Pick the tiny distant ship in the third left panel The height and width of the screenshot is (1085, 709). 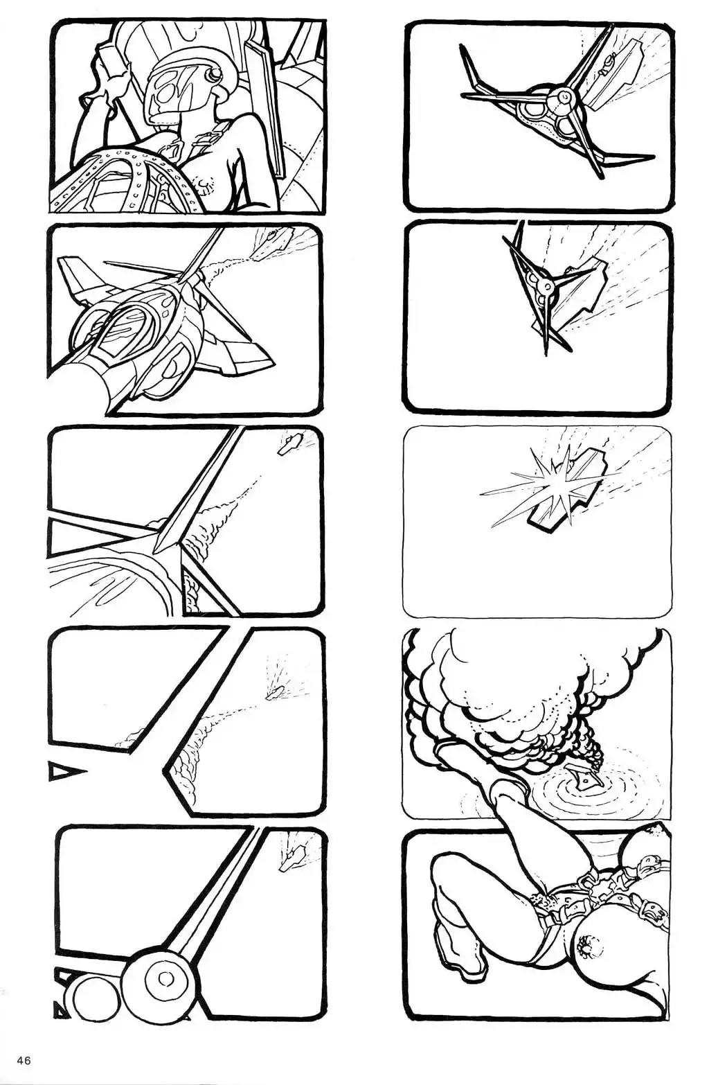289,443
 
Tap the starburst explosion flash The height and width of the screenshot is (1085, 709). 547,484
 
